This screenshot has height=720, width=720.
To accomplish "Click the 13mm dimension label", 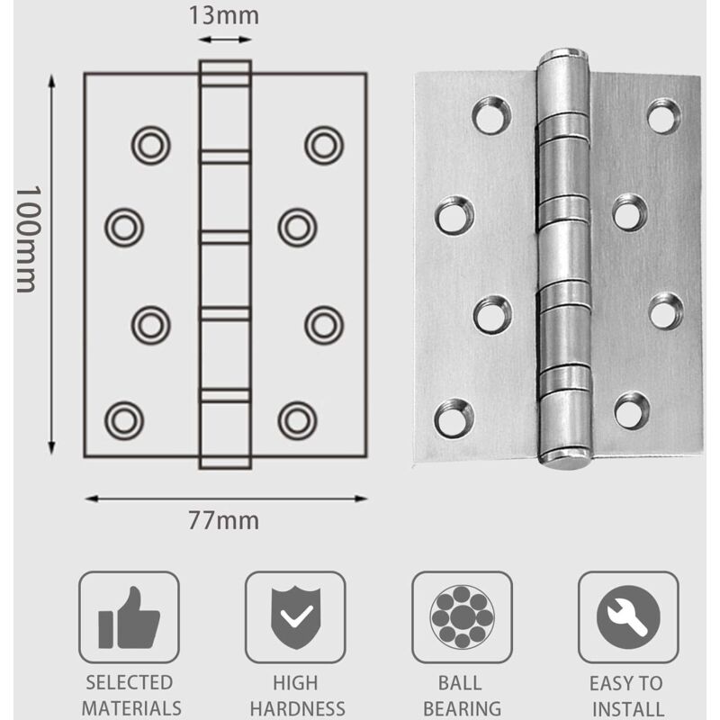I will click(x=224, y=15).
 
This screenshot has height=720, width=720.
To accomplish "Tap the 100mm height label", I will click(x=26, y=238).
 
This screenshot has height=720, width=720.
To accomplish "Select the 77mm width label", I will click(x=224, y=520).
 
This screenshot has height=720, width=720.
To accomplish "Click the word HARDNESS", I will click(x=294, y=708).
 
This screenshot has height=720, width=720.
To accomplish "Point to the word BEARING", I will click(x=462, y=708).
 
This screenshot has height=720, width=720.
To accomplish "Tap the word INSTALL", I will click(x=626, y=708).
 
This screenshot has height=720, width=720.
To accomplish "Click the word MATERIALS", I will click(x=129, y=708).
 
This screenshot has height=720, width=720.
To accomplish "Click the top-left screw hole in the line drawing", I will click(x=150, y=143).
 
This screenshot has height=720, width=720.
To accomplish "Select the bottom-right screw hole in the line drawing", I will click(x=296, y=419).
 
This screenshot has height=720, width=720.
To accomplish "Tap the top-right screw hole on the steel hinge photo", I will click(x=662, y=116).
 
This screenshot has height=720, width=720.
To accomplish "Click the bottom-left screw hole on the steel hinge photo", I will click(x=454, y=418).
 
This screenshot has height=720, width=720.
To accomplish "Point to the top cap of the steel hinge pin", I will click(x=562, y=56).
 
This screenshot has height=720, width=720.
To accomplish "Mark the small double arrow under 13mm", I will click(x=224, y=40).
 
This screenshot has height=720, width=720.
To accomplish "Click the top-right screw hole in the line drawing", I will click(x=323, y=143).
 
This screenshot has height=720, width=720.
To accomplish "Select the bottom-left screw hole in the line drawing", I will click(x=123, y=419).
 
